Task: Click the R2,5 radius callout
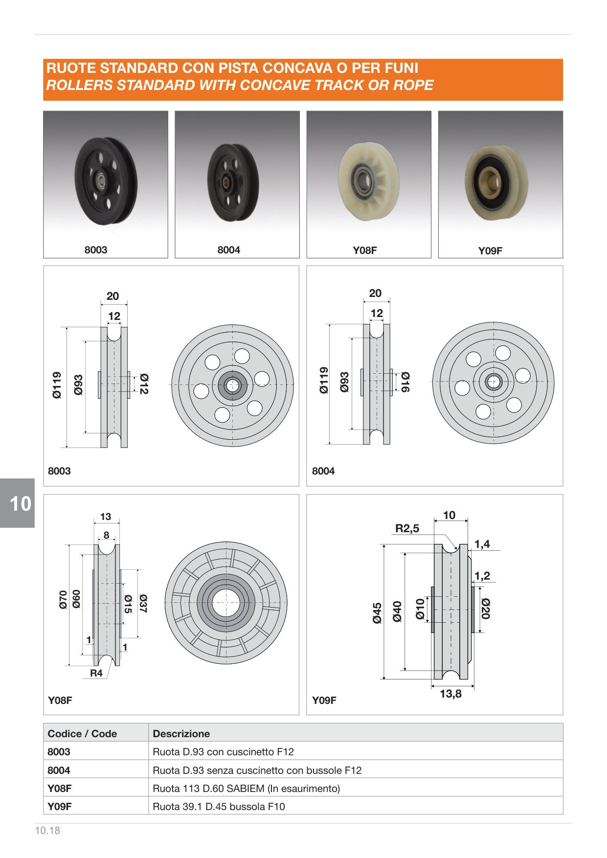pyautogui.click(x=407, y=528)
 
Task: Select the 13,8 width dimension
pyautogui.click(x=450, y=694)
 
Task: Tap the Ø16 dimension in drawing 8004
pyautogui.click(x=405, y=382)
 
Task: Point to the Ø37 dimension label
pyautogui.click(x=143, y=604)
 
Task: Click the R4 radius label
pyautogui.click(x=96, y=673)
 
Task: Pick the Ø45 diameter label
pyautogui.click(x=377, y=613)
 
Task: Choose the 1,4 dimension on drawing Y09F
pyautogui.click(x=482, y=544)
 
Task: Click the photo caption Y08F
pyautogui.click(x=365, y=250)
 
